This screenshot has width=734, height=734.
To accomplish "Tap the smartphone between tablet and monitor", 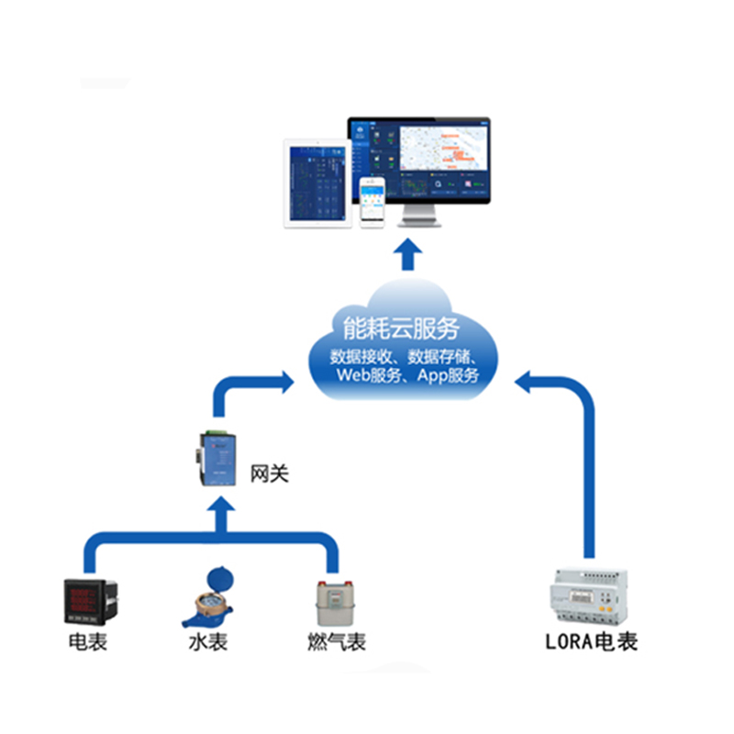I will click(x=372, y=203).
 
